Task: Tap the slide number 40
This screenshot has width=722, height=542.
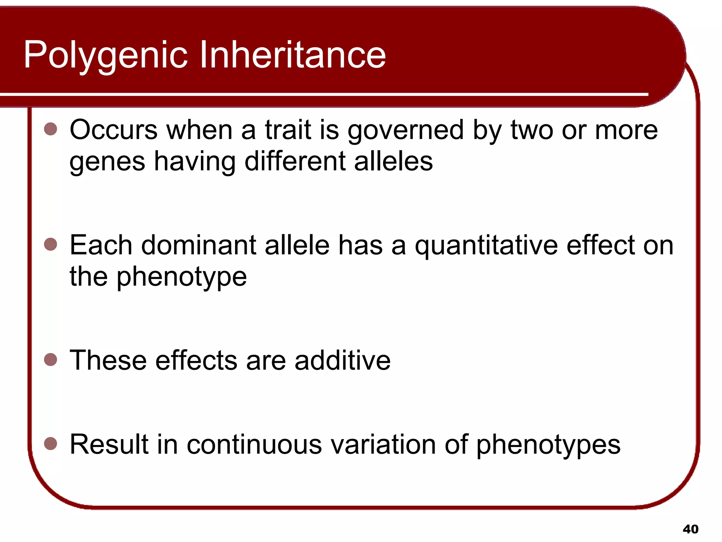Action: [690, 529]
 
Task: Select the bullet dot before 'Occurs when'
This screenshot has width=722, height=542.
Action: [51, 129]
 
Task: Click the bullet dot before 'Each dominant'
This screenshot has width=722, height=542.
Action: [51, 244]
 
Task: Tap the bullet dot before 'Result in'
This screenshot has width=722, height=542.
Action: [51, 444]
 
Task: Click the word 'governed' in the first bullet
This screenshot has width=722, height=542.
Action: [405, 131]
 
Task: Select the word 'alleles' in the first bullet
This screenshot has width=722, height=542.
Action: [393, 162]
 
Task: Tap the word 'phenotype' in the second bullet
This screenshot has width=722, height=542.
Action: [182, 277]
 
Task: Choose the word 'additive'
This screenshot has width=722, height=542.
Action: [342, 361]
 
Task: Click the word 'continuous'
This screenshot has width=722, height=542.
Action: [254, 445]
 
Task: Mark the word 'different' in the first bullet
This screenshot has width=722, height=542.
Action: [295, 162]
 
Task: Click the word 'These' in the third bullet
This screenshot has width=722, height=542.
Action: [108, 361]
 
